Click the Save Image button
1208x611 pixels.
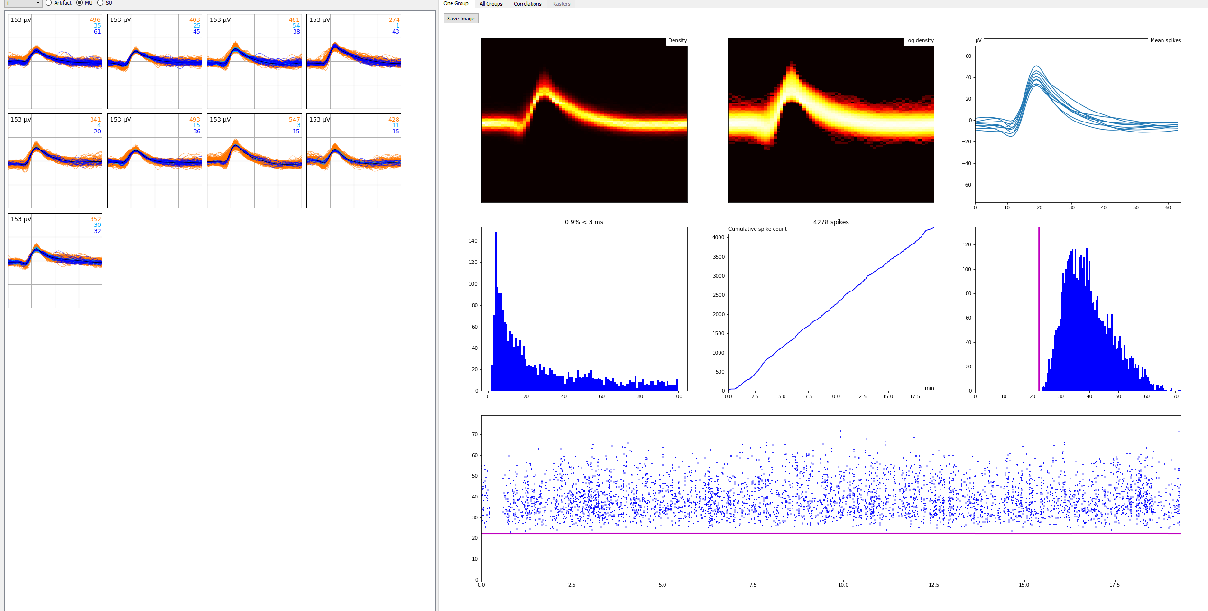[x=461, y=19]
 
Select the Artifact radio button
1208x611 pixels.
[x=49, y=3]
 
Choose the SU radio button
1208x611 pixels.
[x=101, y=3]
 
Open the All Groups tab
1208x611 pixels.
[x=491, y=4]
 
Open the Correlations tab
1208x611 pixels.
[x=527, y=4]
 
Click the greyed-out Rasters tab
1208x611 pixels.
[x=561, y=4]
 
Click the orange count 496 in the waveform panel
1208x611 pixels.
[x=95, y=20]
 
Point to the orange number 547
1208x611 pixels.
[x=294, y=120]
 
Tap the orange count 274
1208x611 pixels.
[x=394, y=20]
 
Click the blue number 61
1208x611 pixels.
[x=97, y=32]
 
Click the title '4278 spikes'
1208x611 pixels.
[x=831, y=222]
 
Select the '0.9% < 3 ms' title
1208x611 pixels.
[x=584, y=222]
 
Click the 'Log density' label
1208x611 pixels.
[x=919, y=41]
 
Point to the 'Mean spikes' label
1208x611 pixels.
[x=1165, y=41]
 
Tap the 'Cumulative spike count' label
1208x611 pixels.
[x=757, y=229]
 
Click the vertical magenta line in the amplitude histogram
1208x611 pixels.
[x=1039, y=309]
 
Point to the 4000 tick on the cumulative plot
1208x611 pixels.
[x=719, y=237]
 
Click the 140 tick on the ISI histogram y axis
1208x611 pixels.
[x=473, y=241]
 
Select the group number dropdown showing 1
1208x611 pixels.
[x=23, y=3]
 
